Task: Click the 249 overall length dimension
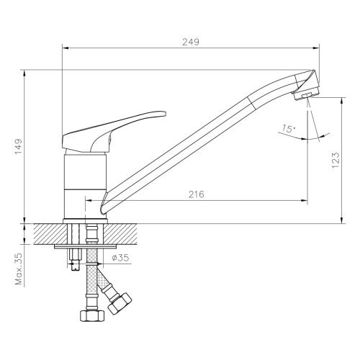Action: pyautogui.click(x=189, y=42)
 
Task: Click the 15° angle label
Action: pyautogui.click(x=289, y=129)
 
